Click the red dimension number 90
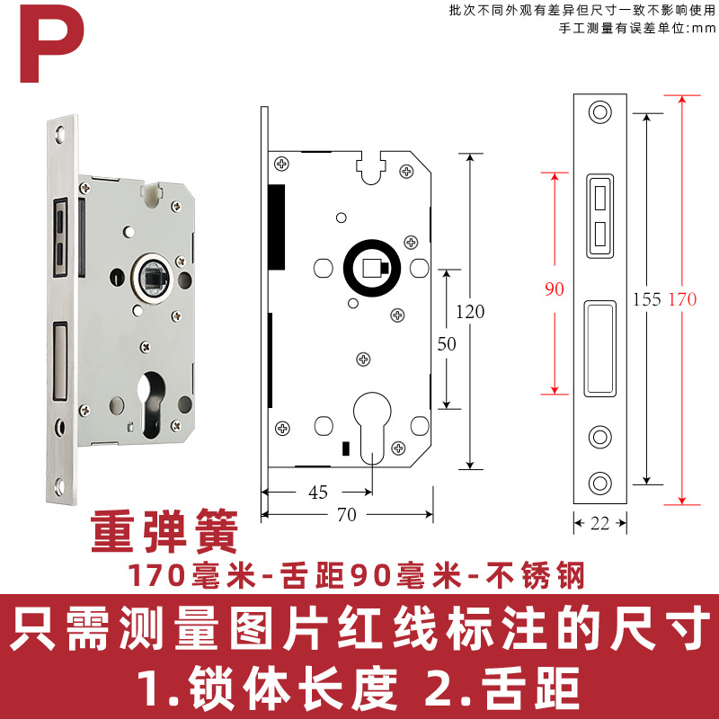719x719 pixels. (x=555, y=289)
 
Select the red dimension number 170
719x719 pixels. (x=682, y=299)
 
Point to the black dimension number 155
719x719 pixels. (x=647, y=299)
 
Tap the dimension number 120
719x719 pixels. (x=469, y=312)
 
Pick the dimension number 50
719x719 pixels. (x=446, y=343)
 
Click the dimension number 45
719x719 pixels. (x=317, y=492)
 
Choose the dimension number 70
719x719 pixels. (x=346, y=514)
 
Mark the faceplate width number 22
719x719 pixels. (x=599, y=523)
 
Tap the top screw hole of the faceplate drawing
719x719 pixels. (x=599, y=112)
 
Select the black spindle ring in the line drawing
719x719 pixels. (x=369, y=269)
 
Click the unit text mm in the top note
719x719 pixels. (x=700, y=27)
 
